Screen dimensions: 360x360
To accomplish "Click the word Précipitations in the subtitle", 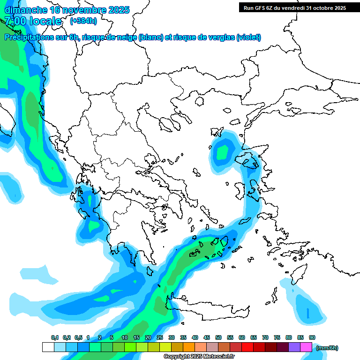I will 29,37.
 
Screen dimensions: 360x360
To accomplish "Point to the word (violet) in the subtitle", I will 248,37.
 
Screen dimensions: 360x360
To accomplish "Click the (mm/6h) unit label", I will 327,348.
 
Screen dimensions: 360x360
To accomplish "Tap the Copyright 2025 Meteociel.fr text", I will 199,357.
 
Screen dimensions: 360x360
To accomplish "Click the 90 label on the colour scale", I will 312,337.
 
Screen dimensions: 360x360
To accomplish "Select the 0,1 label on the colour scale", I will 55,337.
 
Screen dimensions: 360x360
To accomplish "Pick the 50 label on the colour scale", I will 218,337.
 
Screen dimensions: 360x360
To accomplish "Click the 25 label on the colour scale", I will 160,337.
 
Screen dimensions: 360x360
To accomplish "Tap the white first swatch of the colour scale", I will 48,347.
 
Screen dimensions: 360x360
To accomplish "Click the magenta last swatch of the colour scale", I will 306,347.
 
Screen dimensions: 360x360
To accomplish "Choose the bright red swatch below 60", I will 247,347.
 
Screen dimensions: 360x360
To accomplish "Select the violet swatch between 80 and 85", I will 294,347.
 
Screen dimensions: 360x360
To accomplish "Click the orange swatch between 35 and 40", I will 189,347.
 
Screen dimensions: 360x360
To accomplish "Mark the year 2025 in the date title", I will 119,10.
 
